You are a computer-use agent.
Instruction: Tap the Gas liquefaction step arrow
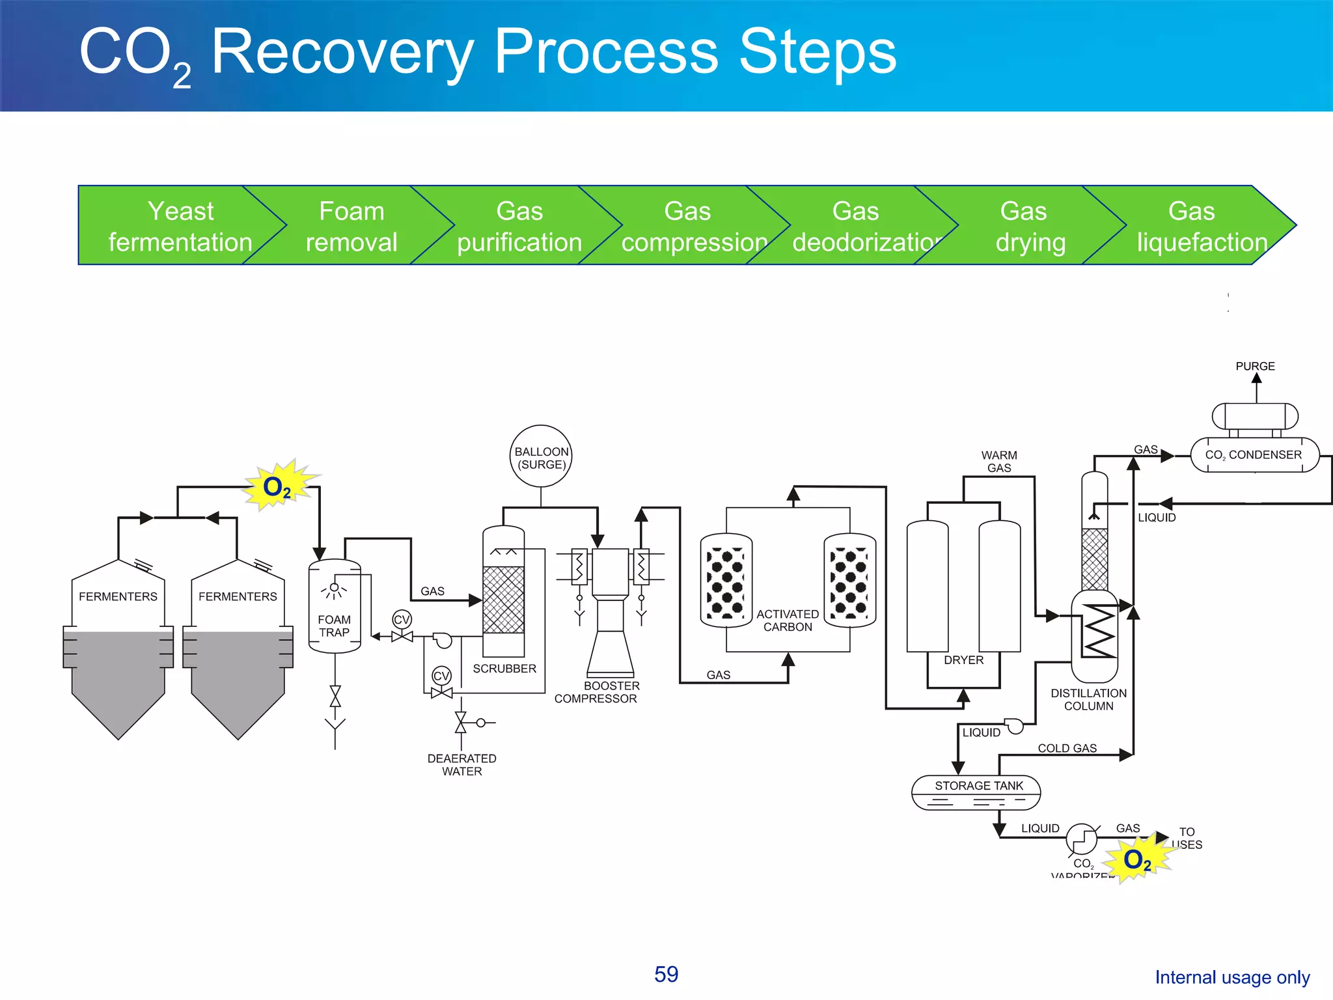click(x=1198, y=226)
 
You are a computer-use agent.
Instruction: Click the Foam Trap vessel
click(x=334, y=605)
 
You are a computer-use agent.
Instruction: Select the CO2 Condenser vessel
click(x=1254, y=455)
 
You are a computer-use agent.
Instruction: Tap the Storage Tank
click(x=976, y=792)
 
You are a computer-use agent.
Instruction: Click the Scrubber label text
click(x=504, y=669)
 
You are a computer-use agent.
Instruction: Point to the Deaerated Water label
click(x=462, y=765)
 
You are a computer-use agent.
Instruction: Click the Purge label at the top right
click(x=1255, y=367)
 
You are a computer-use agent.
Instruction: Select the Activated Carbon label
click(x=788, y=620)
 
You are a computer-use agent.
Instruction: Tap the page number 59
click(x=666, y=974)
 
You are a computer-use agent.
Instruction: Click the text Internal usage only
click(x=1231, y=977)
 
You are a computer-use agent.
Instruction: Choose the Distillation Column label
click(x=1088, y=699)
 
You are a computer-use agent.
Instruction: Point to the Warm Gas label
click(x=999, y=462)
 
